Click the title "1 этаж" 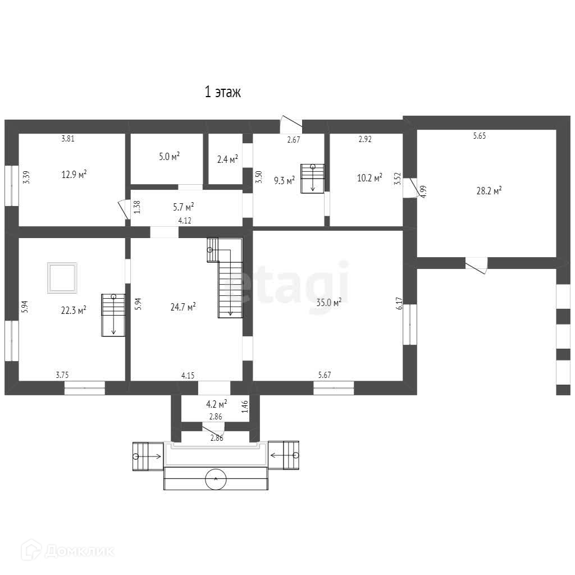point(222,92)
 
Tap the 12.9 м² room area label point(74,174)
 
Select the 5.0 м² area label point(170,157)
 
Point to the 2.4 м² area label point(228,159)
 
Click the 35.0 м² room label point(329,302)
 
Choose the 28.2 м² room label point(489,191)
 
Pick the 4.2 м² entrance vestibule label point(216,404)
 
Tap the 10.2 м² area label point(369,178)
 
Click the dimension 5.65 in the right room point(480,136)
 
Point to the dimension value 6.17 point(400,303)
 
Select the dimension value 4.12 point(184,220)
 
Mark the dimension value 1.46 point(245,407)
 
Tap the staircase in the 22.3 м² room point(113,315)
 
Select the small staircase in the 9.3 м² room point(313,178)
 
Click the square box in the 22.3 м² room point(62,277)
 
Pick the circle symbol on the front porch point(216,478)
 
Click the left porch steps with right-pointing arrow point(148,456)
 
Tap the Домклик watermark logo point(67,550)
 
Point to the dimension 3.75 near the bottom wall point(62,375)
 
